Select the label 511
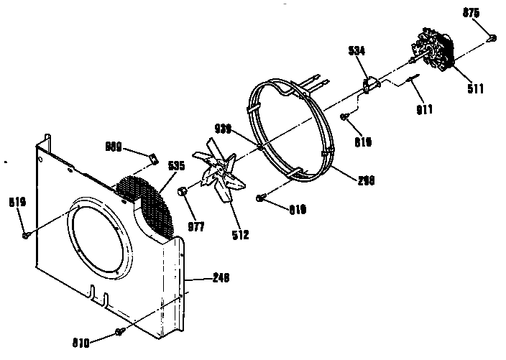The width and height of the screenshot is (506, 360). pos(475,89)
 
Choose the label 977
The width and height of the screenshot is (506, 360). pos(195,227)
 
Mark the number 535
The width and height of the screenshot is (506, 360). pos(177,165)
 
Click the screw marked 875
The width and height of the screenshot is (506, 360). pos(492,37)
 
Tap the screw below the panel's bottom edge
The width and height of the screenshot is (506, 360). pos(119,332)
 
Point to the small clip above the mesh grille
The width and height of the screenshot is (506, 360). pos(152,155)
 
